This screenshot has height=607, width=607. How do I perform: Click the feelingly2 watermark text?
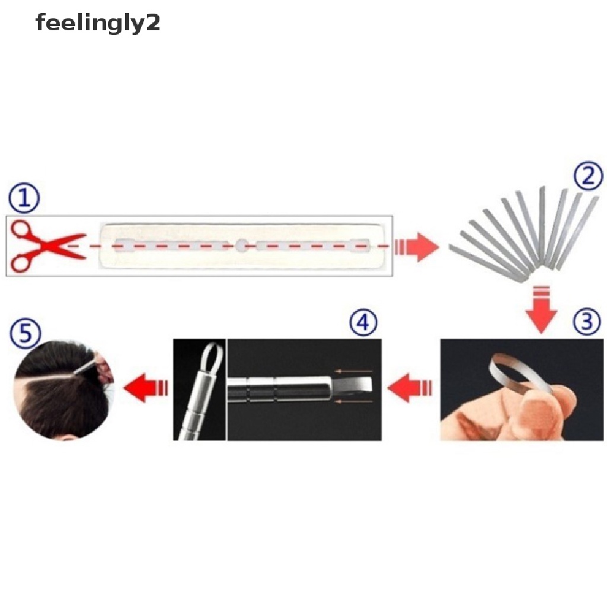(98, 24)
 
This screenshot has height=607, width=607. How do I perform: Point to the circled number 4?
(363, 324)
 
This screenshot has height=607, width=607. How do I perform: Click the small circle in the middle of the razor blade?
(241, 244)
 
